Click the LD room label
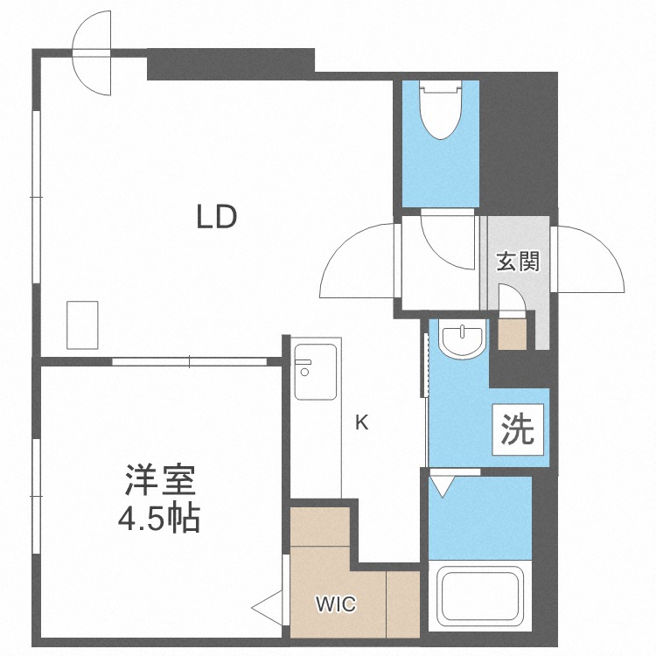[x=216, y=217]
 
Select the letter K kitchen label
[x=361, y=423]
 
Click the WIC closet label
[x=336, y=604]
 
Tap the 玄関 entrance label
[x=518, y=262]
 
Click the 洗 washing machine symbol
[x=518, y=429]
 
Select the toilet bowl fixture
[x=439, y=109]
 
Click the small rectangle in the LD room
[x=83, y=325]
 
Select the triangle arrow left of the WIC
[x=268, y=604]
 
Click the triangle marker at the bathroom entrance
[x=443, y=483]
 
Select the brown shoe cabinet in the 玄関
[x=513, y=333]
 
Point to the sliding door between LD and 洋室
[x=189, y=360]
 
